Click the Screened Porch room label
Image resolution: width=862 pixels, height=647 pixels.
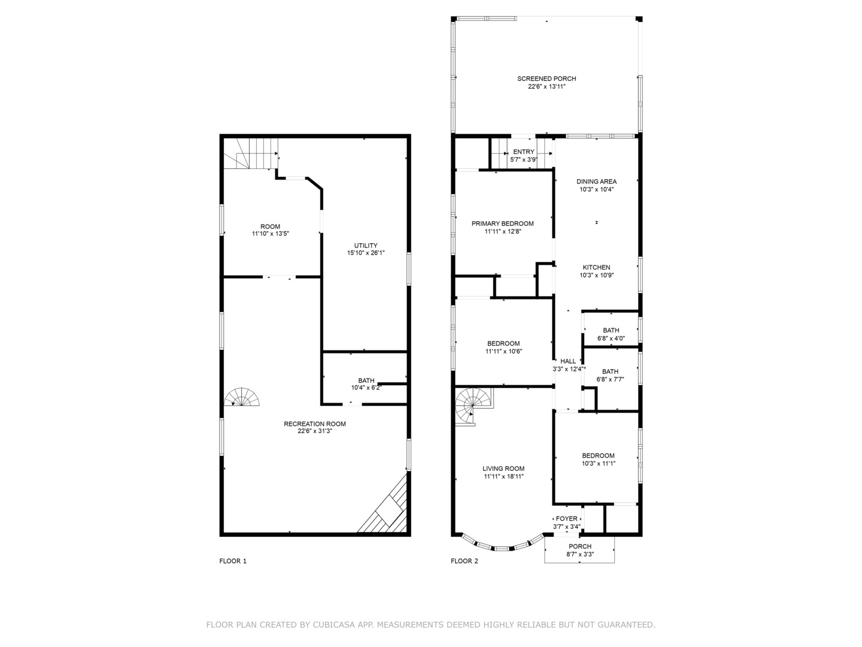pyautogui.click(x=547, y=78)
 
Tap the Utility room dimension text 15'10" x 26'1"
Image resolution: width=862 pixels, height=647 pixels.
pyautogui.click(x=366, y=253)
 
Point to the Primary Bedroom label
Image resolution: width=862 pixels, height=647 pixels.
pyautogui.click(x=502, y=223)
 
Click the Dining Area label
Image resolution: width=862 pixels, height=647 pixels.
pyautogui.click(x=596, y=182)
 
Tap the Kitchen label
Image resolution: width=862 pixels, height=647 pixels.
pyautogui.click(x=596, y=268)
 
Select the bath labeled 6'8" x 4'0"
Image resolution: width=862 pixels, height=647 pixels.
pyautogui.click(x=611, y=334)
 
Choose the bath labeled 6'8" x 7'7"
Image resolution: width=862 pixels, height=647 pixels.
pyautogui.click(x=610, y=375)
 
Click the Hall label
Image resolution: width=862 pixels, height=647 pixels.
pyautogui.click(x=567, y=361)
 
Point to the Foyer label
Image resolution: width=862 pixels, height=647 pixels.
pyautogui.click(x=566, y=519)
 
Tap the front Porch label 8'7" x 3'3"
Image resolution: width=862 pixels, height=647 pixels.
pyautogui.click(x=579, y=546)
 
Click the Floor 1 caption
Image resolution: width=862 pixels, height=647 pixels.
pyautogui.click(x=233, y=561)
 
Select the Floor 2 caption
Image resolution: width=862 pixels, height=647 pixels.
pyautogui.click(x=465, y=561)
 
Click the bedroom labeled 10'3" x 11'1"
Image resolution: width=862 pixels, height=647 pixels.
pyautogui.click(x=598, y=459)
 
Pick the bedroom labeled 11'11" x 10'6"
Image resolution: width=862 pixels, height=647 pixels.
pyautogui.click(x=503, y=347)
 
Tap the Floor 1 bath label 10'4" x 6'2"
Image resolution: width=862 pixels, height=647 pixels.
pyautogui.click(x=366, y=384)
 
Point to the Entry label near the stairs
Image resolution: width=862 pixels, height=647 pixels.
pyautogui.click(x=523, y=152)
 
